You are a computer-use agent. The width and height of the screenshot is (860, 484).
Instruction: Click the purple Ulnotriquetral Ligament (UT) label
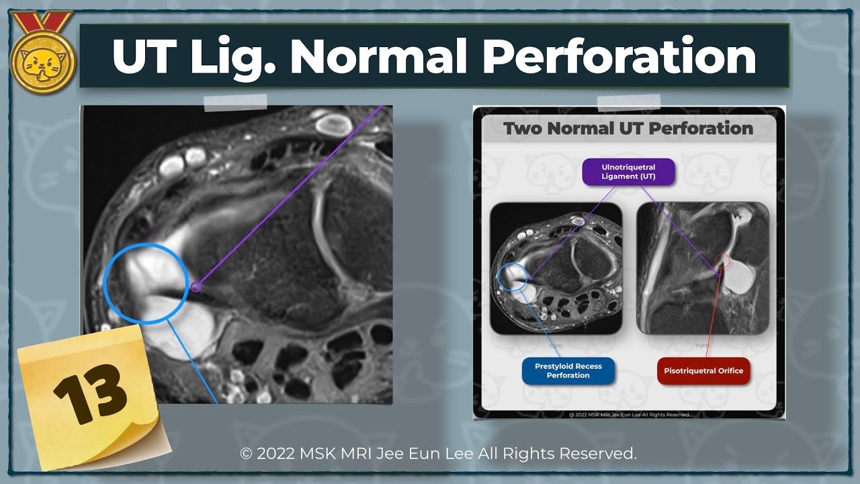pos(619,171)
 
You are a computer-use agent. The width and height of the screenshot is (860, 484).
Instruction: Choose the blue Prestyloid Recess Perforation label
pos(568,370)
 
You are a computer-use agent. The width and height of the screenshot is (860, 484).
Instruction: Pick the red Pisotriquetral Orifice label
pos(703,370)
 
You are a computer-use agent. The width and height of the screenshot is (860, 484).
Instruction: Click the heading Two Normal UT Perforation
pos(628,128)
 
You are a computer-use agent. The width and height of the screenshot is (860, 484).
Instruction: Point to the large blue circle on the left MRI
pos(146,283)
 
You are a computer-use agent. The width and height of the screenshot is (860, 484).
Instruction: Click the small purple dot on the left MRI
pos(196,287)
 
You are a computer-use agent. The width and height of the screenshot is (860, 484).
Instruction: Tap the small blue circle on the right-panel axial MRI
pos(513,278)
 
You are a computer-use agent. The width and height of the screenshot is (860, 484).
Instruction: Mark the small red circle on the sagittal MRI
pos(722,261)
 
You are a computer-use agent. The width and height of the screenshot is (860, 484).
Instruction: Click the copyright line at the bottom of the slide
pos(438,454)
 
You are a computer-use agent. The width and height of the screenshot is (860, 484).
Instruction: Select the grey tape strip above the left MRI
pos(235,102)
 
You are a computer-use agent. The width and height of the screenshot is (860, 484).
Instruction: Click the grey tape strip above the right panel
pos(628,102)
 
